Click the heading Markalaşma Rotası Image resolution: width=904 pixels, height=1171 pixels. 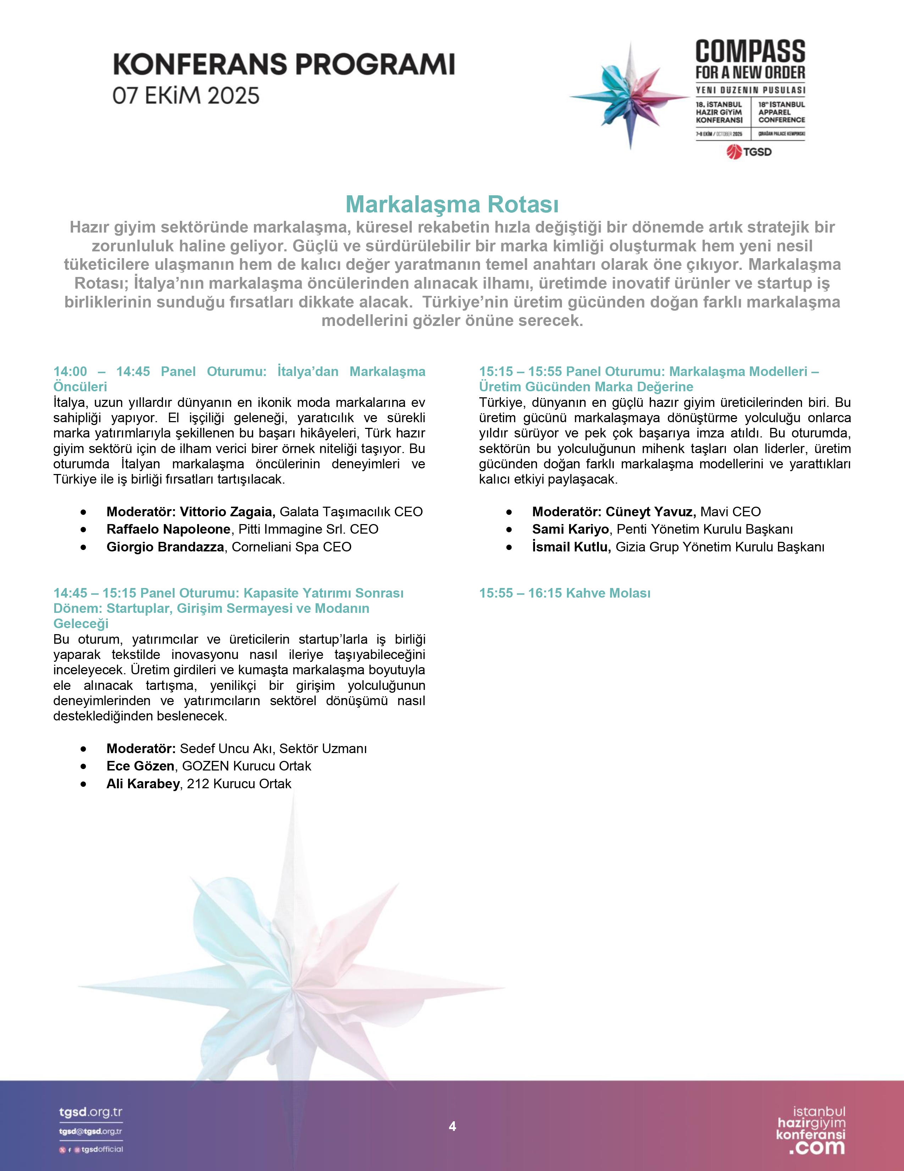click(452, 204)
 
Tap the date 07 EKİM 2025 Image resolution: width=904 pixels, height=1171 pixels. click(186, 96)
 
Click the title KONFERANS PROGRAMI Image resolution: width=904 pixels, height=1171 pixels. click(283, 64)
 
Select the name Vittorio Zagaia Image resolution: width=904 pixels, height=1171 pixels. click(227, 512)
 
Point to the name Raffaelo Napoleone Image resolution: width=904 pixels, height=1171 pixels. click(168, 529)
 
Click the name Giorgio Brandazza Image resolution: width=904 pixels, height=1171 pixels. click(165, 547)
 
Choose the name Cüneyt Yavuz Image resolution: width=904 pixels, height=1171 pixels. click(650, 512)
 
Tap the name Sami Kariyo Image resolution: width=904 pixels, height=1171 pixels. click(570, 529)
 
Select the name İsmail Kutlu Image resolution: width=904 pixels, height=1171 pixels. click(571, 547)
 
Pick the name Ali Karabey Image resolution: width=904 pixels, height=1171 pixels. click(143, 784)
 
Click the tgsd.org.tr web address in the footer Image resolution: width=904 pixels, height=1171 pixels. click(90, 1112)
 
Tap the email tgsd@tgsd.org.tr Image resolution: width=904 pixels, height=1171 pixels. click(90, 1131)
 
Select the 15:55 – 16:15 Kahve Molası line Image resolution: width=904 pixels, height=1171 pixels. click(564, 593)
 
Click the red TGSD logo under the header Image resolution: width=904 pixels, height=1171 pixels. click(749, 152)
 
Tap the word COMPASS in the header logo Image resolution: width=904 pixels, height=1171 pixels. click(750, 51)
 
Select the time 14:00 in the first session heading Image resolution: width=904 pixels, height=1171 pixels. click(70, 371)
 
